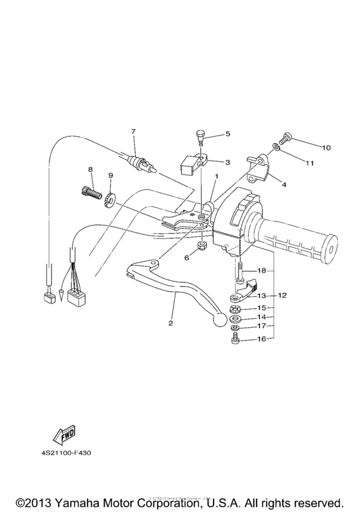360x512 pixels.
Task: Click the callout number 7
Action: (x=134, y=132)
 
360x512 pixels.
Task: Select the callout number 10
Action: (x=327, y=148)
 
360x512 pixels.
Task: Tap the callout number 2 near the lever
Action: (x=171, y=323)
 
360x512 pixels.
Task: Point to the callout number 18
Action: (x=262, y=270)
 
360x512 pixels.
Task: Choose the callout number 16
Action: (x=262, y=339)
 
